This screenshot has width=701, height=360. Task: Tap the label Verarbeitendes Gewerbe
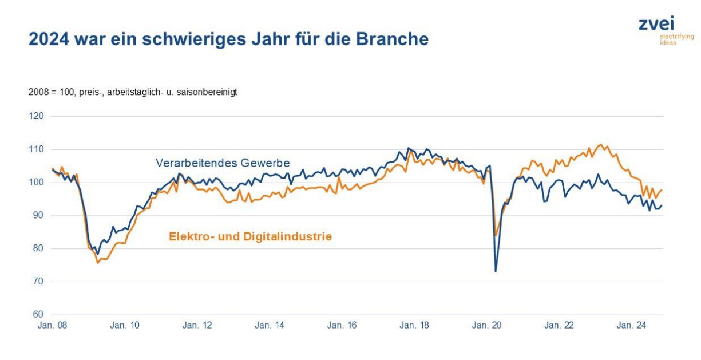pos(223,163)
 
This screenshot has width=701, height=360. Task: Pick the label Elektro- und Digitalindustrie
pos(250,236)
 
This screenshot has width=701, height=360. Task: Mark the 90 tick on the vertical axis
pos(38,215)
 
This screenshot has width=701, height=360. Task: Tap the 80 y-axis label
pos(38,248)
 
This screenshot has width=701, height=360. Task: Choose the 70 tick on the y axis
pos(38,282)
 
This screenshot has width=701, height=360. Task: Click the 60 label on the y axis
pos(38,314)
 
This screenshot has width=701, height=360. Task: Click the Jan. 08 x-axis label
pos(52,326)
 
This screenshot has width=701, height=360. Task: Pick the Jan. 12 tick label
pos(197,326)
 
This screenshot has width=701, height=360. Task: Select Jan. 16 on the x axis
pos(342,326)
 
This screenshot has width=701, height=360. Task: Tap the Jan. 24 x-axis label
pos(631,326)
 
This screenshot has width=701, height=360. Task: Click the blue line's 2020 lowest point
pos(496,271)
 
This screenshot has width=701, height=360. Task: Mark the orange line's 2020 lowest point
pos(496,235)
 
